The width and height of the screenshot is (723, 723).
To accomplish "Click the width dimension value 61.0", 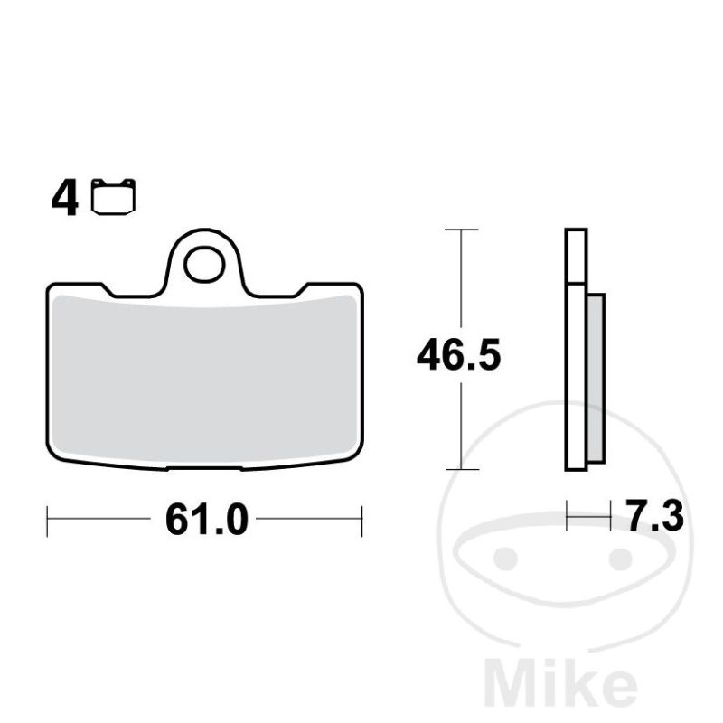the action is click(207, 520).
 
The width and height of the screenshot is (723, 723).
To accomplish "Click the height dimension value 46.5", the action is click(458, 355).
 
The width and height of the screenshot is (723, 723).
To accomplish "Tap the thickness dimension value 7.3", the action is click(654, 517).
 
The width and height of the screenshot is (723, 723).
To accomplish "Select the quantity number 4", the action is click(65, 199).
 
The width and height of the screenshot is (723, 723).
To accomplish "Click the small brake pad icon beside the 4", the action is click(114, 197).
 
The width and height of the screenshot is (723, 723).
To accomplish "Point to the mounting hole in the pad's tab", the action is click(204, 264).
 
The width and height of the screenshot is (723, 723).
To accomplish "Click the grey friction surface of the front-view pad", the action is click(205, 378).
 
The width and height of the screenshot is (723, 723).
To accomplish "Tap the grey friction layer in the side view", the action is click(596, 378).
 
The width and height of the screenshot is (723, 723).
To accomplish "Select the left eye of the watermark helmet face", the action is click(504, 558).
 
